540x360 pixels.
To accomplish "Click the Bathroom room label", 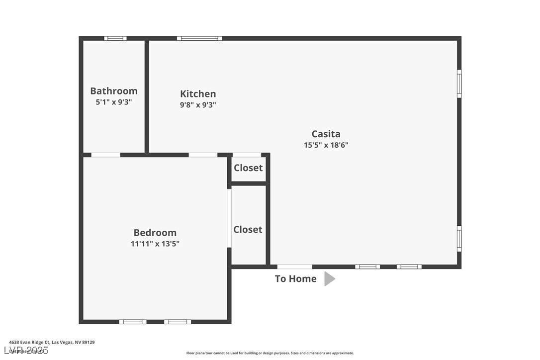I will (x=114, y=91).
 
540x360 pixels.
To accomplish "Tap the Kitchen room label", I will (x=198, y=94).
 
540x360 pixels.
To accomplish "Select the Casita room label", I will (x=326, y=134).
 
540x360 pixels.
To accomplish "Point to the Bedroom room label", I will (x=155, y=233).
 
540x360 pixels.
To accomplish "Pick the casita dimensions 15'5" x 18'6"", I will (x=326, y=145).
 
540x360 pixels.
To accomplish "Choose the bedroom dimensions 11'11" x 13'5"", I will (x=155, y=244).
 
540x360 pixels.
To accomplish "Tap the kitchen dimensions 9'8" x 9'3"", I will (x=198, y=105).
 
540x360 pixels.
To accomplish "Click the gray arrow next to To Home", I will (x=329, y=279).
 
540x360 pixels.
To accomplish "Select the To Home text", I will (x=296, y=279).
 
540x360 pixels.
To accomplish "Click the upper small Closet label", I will (x=248, y=168).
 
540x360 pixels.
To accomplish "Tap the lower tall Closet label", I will (x=248, y=230).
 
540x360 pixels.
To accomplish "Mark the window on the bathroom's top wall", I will (x=115, y=38).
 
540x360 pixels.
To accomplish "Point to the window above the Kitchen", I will (x=199, y=38).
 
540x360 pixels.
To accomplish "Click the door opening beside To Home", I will (x=295, y=267).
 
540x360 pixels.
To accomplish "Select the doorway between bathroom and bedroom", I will (x=105, y=155).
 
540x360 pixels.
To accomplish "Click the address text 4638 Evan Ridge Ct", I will (x=52, y=342).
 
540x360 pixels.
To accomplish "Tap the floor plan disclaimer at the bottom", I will (x=270, y=353).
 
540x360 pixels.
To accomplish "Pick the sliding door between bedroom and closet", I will (x=229, y=218).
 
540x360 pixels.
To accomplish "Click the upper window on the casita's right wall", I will (x=459, y=84).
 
